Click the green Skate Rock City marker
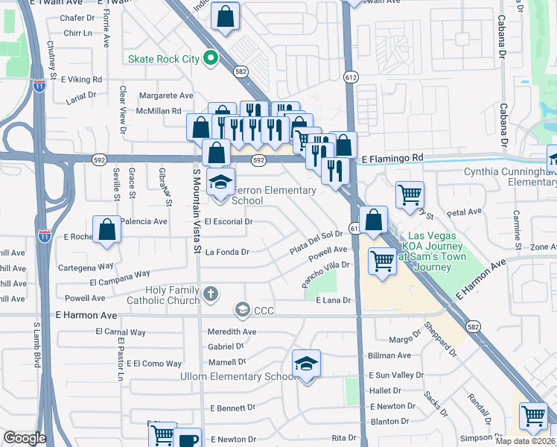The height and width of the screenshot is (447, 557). [x=211, y=58]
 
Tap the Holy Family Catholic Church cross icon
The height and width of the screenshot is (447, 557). [x=211, y=294]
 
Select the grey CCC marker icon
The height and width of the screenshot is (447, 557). [x=242, y=309]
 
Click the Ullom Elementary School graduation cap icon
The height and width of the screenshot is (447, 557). [x=306, y=364]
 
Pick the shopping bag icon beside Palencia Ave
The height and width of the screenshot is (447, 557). [x=107, y=230]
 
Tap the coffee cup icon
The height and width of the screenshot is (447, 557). [x=189, y=439]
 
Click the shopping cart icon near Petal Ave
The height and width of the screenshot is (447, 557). [x=410, y=195]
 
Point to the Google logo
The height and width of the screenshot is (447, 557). [x=25, y=438]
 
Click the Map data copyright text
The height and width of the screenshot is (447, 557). [x=525, y=441]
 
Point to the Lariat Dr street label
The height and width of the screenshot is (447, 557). [x=80, y=95]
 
